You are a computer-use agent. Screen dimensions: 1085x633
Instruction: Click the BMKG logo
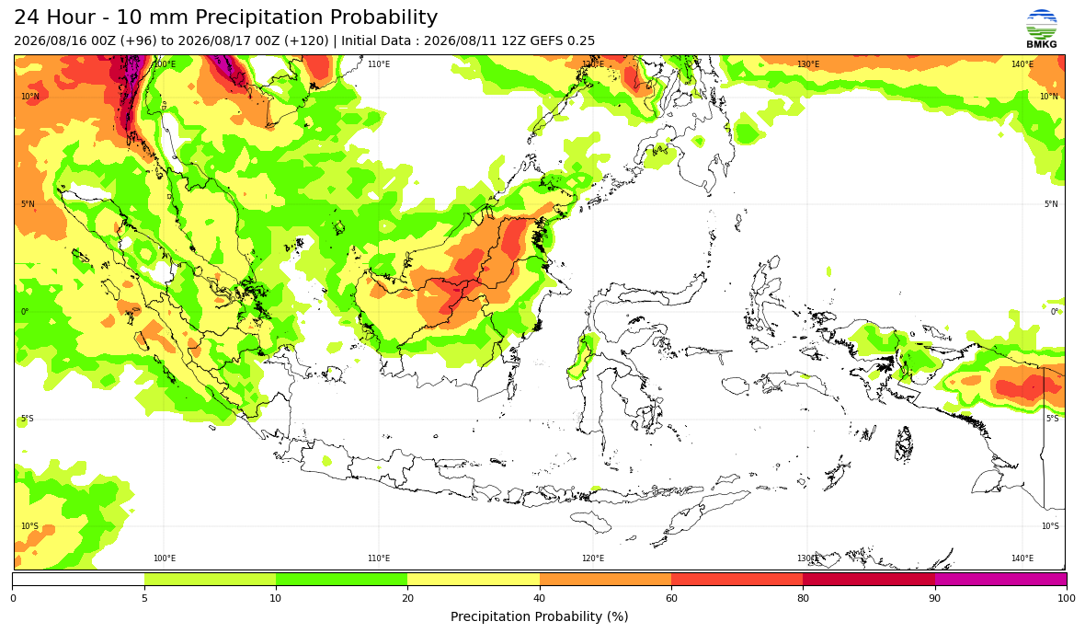point(1042,29)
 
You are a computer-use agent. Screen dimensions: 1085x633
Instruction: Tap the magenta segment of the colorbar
point(1000,579)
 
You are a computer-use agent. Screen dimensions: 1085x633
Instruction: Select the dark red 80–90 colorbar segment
point(869,579)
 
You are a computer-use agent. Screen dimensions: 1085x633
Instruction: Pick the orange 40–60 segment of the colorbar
point(605,579)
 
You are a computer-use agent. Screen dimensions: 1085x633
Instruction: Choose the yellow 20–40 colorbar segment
point(474,579)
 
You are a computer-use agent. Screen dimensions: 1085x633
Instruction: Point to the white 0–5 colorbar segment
point(78,579)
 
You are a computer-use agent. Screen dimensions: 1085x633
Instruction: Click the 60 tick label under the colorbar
point(671,598)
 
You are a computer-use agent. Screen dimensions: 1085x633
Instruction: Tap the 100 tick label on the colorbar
point(1067,598)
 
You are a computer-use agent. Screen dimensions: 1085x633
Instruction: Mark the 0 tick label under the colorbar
point(13,598)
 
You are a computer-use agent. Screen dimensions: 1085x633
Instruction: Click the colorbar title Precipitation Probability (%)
point(539,616)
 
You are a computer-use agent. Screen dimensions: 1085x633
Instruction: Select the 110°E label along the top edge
point(379,64)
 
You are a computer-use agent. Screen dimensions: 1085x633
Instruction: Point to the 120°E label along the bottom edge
point(593,558)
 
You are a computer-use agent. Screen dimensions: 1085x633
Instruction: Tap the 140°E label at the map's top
point(1022,64)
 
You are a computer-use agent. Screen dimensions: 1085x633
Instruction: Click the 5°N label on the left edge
point(28,204)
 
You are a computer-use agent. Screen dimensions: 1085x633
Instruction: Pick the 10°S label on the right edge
point(1050,526)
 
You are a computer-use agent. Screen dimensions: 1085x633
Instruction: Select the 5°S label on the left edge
point(28,419)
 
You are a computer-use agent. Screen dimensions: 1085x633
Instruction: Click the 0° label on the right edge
point(1055,312)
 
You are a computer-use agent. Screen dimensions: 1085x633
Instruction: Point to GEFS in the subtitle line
point(551,40)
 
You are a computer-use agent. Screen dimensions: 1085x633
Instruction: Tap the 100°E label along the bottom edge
point(164,558)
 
